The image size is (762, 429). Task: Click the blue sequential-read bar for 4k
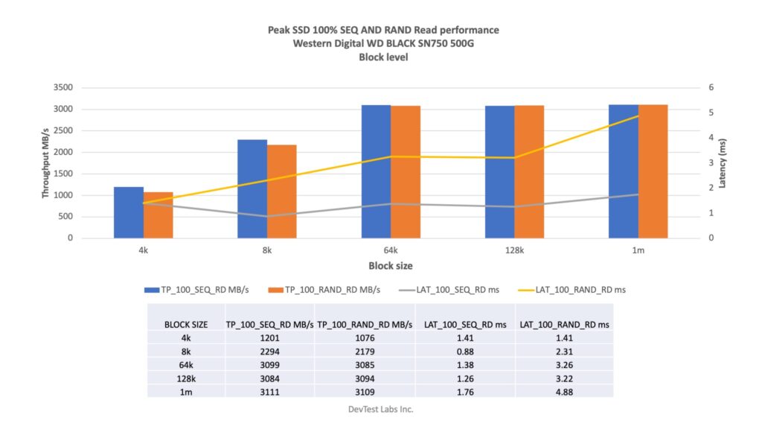point(128,212)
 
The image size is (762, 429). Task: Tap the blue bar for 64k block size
point(376,172)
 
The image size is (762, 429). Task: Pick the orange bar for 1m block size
point(653,172)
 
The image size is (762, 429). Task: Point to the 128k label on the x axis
point(514,251)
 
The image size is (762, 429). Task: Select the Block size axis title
point(390,266)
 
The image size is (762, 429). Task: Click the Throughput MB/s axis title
point(46,162)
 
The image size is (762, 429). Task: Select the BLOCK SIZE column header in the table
point(185,324)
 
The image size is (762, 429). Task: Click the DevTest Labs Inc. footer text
point(380,409)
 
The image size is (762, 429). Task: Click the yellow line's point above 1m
point(638,116)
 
